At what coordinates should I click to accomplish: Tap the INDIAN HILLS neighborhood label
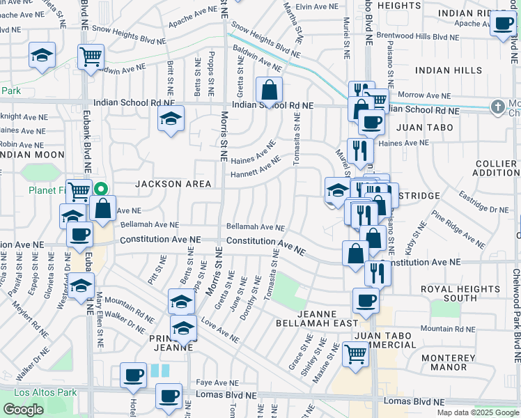pos(448,70)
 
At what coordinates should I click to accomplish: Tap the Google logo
pos(23,410)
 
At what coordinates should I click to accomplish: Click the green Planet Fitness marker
pos(101,188)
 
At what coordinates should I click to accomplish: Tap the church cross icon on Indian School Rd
pos(497,107)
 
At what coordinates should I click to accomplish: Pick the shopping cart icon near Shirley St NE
pos(356,355)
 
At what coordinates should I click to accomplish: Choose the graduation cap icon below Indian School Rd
pos(170,121)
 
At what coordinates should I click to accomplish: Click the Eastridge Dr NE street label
pos(485,202)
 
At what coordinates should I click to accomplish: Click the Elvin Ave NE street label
pos(316,6)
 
